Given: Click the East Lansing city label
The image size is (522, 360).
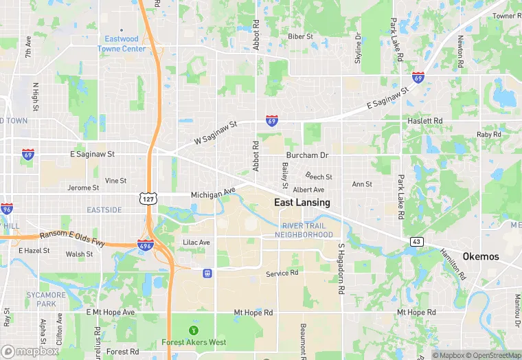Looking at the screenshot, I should click(302, 203).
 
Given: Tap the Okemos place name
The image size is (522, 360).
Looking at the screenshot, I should click(481, 256).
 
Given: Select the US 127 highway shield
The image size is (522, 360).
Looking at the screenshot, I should click(148, 198).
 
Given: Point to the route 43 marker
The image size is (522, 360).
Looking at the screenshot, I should click(416, 241).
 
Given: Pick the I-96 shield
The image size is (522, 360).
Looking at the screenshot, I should click(6, 209).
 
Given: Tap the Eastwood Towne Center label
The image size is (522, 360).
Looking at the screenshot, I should click(122, 44).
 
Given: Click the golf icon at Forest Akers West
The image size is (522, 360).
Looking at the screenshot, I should click(193, 330).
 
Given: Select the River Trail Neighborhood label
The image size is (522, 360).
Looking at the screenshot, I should click(304, 230).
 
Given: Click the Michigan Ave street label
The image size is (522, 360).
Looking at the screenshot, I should click(213, 194).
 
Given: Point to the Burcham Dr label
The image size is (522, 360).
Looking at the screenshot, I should click(308, 156).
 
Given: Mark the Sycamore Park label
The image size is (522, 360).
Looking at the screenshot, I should click(47, 299).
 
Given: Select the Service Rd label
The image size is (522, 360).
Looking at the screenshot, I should click(282, 273).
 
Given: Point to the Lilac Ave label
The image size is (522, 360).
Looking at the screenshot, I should click(196, 243).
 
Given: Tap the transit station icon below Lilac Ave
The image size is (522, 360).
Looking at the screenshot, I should click(207, 273).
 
